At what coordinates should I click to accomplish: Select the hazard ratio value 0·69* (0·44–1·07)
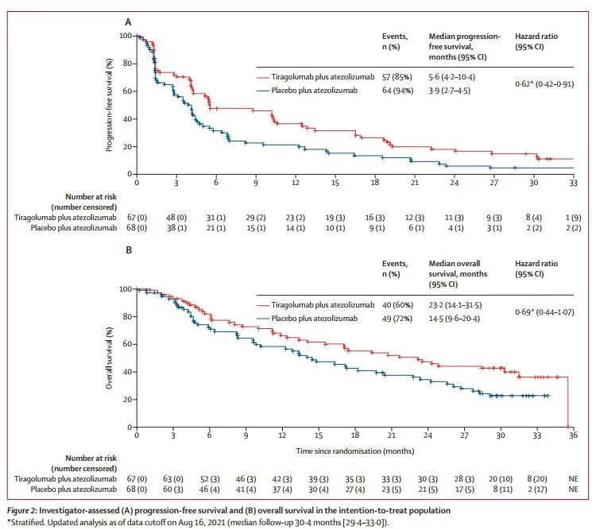point(545,311)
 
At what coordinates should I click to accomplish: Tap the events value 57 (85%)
point(392,78)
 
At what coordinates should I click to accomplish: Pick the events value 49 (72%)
point(392,319)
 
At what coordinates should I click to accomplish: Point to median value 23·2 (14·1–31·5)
point(463,304)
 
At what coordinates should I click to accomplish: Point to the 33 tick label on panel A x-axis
point(572,183)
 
